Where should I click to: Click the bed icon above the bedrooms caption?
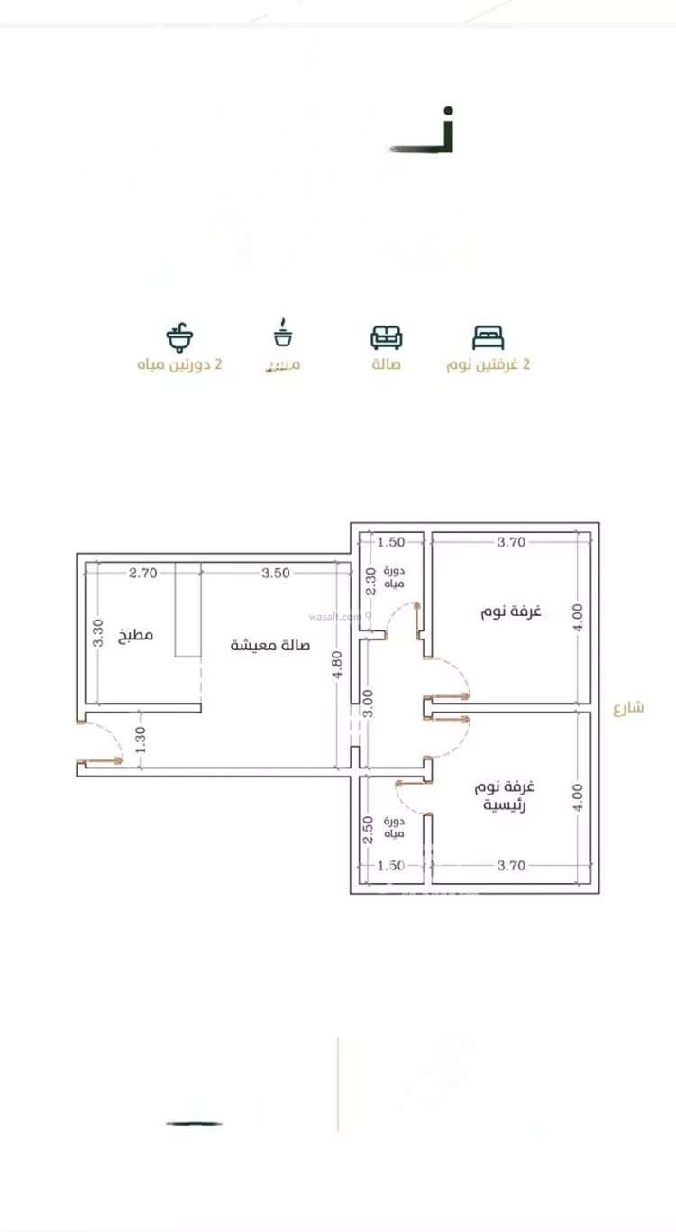pyautogui.click(x=488, y=337)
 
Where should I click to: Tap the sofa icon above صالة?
pyautogui.click(x=386, y=337)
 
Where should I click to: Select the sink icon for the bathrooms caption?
pyautogui.click(x=179, y=337)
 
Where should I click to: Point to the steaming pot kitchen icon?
pyautogui.click(x=284, y=335)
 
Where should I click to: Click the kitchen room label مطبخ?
pyautogui.click(x=136, y=635)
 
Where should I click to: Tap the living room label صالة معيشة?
pyautogui.click(x=270, y=646)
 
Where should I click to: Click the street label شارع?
pyautogui.click(x=628, y=707)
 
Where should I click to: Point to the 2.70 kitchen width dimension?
pyautogui.click(x=142, y=573)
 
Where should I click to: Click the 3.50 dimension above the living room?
pyautogui.click(x=276, y=573)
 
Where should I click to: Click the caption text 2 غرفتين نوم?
pyautogui.click(x=489, y=364)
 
